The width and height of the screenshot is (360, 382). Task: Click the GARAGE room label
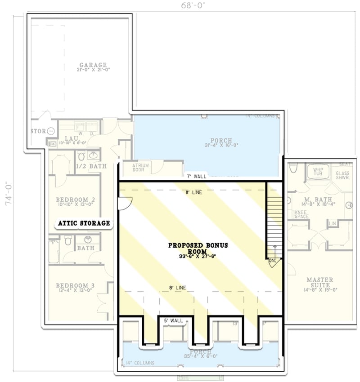pos(93,65)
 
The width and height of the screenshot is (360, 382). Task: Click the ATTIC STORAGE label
pos(84,223)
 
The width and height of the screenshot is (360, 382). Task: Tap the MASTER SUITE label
pos(320,283)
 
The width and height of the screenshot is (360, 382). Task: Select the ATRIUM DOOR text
pos(140,168)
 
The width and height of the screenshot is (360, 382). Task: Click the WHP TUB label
pos(318,171)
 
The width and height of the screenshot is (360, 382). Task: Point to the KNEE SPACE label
pos(301,213)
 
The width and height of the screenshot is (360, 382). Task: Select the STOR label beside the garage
pos(38,131)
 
